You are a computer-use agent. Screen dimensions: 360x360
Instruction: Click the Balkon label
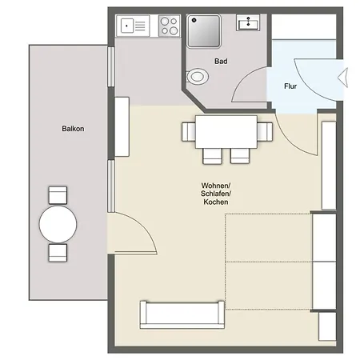(x=73, y=129)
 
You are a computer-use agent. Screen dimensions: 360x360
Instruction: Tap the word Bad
(x=221, y=62)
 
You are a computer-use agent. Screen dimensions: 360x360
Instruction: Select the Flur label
(x=290, y=86)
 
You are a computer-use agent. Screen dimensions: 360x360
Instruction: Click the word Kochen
(x=216, y=202)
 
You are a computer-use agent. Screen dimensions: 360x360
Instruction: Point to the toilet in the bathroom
(x=197, y=77)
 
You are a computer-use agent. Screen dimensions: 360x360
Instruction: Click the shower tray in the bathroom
(x=204, y=31)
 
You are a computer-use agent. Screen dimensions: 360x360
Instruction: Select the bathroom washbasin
(x=248, y=22)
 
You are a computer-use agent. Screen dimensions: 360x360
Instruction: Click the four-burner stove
(x=170, y=26)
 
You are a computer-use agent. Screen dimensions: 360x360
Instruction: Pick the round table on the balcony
(x=58, y=224)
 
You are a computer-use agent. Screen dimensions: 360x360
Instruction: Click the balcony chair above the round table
(x=58, y=195)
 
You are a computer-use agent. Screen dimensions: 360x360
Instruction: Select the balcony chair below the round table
(x=58, y=253)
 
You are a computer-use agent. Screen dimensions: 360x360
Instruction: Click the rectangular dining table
(x=226, y=132)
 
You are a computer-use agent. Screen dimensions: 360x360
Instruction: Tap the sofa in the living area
(x=182, y=315)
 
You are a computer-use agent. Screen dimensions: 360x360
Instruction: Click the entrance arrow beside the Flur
(x=343, y=78)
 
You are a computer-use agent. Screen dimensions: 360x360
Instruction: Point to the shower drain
(x=194, y=20)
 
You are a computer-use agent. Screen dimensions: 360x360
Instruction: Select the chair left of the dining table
(x=189, y=132)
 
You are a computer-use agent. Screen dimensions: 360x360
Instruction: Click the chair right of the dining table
(x=265, y=132)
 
